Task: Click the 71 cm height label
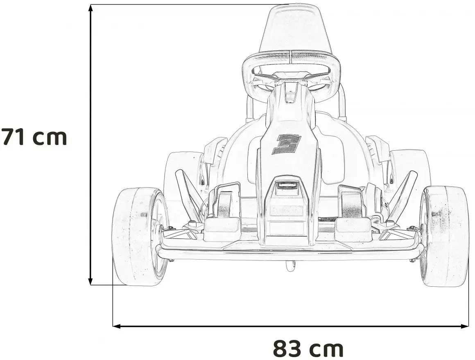pos(34,137)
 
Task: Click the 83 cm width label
pos(308,349)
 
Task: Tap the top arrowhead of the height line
pos(90,9)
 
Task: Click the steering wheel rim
pos(291,55)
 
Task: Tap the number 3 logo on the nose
pos(287,144)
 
